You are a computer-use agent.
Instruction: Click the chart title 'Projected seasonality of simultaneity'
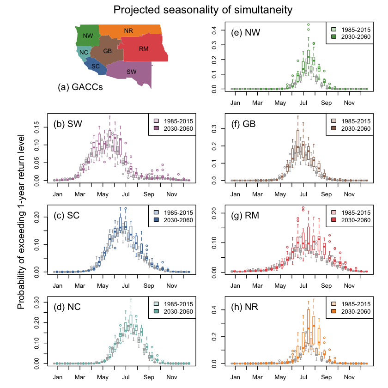coord(203,10)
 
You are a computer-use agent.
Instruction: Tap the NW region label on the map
coord(88,36)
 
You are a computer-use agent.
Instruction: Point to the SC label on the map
coord(96,67)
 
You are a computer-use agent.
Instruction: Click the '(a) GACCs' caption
coord(80,87)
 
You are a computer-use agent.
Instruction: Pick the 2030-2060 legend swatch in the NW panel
coord(334,36)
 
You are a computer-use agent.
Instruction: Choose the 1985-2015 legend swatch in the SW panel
coord(156,121)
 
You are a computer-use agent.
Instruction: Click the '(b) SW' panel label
coord(67,124)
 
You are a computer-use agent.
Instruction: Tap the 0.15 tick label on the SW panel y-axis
coord(36,127)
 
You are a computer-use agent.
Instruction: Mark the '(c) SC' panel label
coord(67,215)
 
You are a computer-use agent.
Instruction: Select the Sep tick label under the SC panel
coord(149,286)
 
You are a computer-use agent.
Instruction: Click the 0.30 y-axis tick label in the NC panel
coord(36,302)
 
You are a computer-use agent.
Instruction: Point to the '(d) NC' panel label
coord(67,307)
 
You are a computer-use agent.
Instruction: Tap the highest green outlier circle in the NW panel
coord(309,24)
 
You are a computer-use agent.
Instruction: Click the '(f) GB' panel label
coord(243,124)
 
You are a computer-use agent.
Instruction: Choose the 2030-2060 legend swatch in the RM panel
coord(334,220)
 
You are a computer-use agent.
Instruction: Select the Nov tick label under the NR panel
coord(349,377)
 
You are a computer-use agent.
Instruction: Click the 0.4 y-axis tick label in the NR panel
coord(214,309)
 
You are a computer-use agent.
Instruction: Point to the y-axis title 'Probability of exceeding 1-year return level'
coord(21,222)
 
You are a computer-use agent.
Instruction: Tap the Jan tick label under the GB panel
coord(235,194)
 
